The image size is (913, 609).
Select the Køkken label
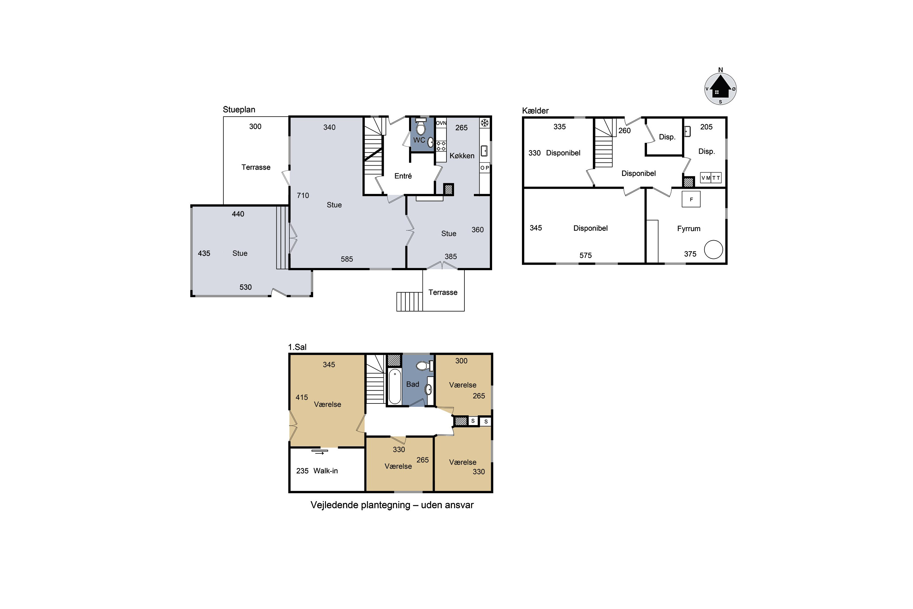click(462, 156)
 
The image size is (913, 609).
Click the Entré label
click(403, 176)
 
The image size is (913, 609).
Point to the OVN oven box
click(441, 123)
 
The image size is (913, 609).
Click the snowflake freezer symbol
click(485, 123)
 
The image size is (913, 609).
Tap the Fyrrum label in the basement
click(689, 229)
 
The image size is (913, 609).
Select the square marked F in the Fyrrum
click(691, 199)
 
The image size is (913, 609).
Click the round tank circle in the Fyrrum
click(713, 249)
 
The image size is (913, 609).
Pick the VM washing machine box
click(706, 178)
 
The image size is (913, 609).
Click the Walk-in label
click(326, 471)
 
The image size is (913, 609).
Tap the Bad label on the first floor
click(413, 384)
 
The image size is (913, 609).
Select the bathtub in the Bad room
click(395, 386)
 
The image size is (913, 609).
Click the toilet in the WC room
click(421, 127)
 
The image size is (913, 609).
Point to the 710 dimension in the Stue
click(303, 195)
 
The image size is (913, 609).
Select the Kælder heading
click(535, 111)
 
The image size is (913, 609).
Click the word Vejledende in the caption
click(334, 505)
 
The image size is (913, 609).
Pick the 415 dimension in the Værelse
click(302, 397)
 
